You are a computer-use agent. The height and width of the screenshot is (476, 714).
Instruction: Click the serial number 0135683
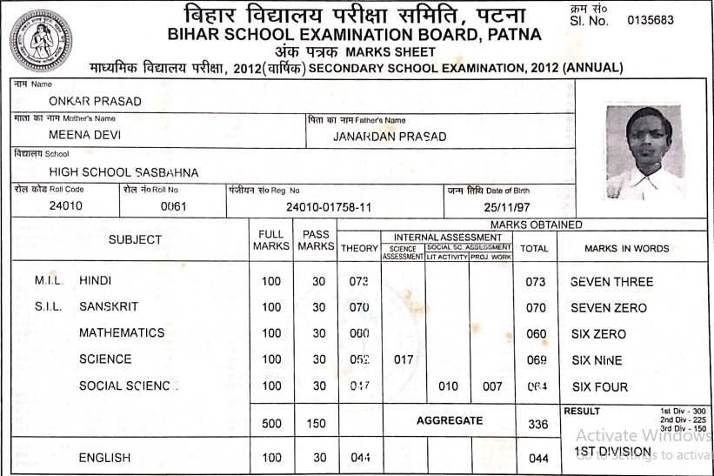[650, 20]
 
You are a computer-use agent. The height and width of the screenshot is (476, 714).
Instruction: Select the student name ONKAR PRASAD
[96, 101]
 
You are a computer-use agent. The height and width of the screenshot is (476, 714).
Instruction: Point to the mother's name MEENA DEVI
[84, 136]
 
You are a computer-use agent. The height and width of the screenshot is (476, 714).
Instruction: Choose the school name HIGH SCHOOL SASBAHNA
[123, 172]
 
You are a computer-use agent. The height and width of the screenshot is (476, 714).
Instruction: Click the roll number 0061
[175, 207]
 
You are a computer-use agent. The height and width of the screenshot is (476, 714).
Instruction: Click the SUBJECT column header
[135, 239]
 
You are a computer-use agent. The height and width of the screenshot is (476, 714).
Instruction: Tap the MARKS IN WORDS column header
[626, 248]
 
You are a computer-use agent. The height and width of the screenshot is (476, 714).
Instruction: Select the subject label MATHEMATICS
[122, 333]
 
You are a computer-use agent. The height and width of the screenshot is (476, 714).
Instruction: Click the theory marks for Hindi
[357, 282]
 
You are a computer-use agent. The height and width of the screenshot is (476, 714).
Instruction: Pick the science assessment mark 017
[403, 360]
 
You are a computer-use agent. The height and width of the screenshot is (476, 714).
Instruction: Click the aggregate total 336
[539, 425]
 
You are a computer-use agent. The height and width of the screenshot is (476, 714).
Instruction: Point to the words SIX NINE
[598, 360]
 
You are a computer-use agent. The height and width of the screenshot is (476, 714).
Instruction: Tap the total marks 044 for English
[539, 458]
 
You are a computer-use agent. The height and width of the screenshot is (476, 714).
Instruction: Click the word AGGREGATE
[449, 419]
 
